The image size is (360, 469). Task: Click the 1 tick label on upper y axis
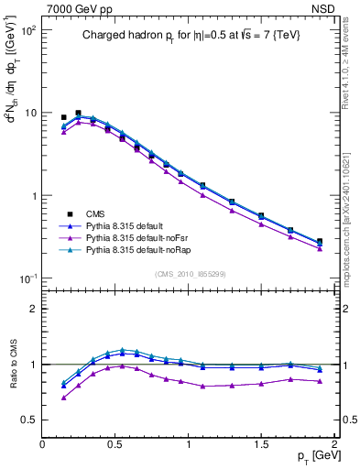point(32,196)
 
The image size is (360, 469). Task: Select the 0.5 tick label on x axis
point(115,443)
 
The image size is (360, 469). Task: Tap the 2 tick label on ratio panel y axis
point(33,309)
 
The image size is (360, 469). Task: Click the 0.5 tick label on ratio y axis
point(27,420)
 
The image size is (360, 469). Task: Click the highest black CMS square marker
point(78,113)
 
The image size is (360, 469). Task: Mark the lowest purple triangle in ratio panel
point(63,398)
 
